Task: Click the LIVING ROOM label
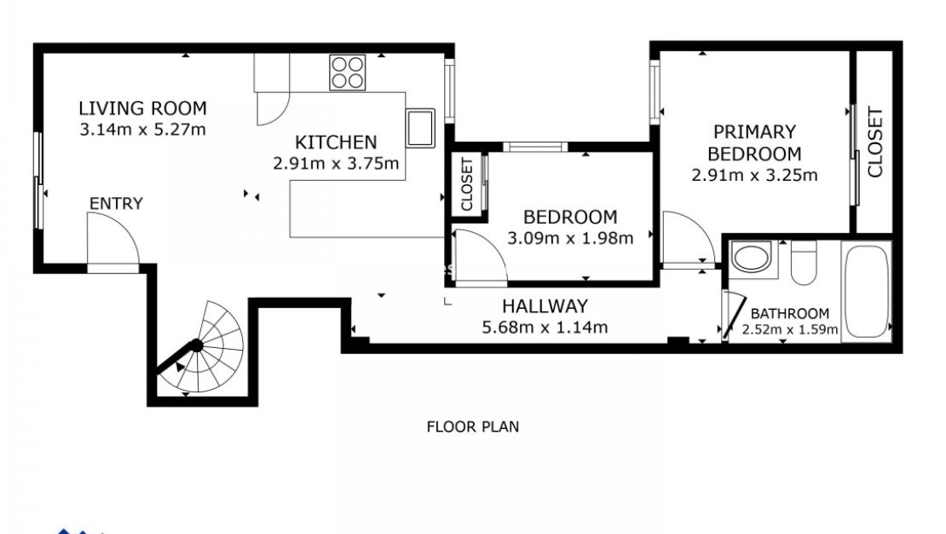pyautogui.click(x=142, y=108)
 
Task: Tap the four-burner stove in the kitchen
pyautogui.click(x=348, y=72)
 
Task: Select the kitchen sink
pyautogui.click(x=420, y=128)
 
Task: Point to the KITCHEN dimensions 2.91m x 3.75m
pyautogui.click(x=337, y=164)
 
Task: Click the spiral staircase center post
pyautogui.click(x=196, y=345)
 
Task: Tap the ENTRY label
pyautogui.click(x=116, y=204)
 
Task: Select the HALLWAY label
pyautogui.click(x=545, y=306)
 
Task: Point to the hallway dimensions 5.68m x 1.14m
pyautogui.click(x=545, y=328)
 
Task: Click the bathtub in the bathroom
pyautogui.click(x=865, y=292)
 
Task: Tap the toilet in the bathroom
pyautogui.click(x=803, y=262)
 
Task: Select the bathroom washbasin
pyautogui.click(x=752, y=258)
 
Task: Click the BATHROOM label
pyautogui.click(x=789, y=314)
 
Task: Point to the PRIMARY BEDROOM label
pyautogui.click(x=754, y=143)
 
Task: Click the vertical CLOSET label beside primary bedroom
pyautogui.click(x=875, y=142)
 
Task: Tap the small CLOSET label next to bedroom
pyautogui.click(x=467, y=185)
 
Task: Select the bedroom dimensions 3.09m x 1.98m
pyautogui.click(x=570, y=239)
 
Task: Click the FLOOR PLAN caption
pyautogui.click(x=472, y=427)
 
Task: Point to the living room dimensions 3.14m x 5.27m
pyautogui.click(x=142, y=131)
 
